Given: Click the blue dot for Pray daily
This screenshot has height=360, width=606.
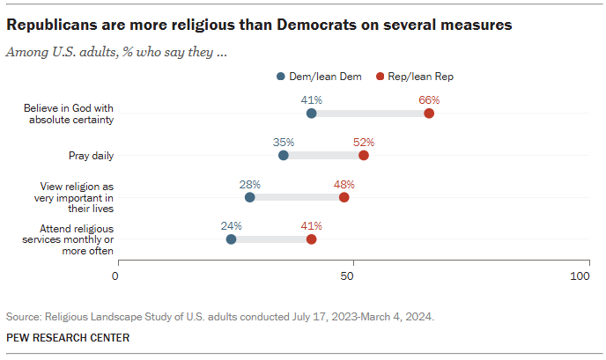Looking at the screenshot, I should [283, 155].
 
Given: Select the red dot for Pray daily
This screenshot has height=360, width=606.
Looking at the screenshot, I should [364, 155].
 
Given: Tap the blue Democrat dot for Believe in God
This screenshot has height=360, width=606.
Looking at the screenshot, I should [311, 114].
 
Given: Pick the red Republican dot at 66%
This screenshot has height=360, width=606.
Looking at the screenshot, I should [429, 114].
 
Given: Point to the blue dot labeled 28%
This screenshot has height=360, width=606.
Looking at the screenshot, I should [249, 197].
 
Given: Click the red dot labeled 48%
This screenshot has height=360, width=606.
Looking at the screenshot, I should [344, 197].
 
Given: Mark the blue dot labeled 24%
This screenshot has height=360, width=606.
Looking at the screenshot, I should [231, 239].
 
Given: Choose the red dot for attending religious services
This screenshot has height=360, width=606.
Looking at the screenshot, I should [311, 239].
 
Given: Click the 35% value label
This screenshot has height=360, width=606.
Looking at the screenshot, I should [283, 142].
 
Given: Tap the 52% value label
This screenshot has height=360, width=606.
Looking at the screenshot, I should [364, 142].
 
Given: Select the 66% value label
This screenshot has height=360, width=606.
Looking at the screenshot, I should [429, 100].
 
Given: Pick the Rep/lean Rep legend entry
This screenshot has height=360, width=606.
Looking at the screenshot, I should [414, 77].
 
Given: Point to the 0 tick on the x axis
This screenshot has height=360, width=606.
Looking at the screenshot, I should [115, 276].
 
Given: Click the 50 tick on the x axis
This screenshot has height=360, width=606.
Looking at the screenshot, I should [348, 276].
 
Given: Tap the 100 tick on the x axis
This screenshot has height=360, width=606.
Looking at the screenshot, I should [580, 276].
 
